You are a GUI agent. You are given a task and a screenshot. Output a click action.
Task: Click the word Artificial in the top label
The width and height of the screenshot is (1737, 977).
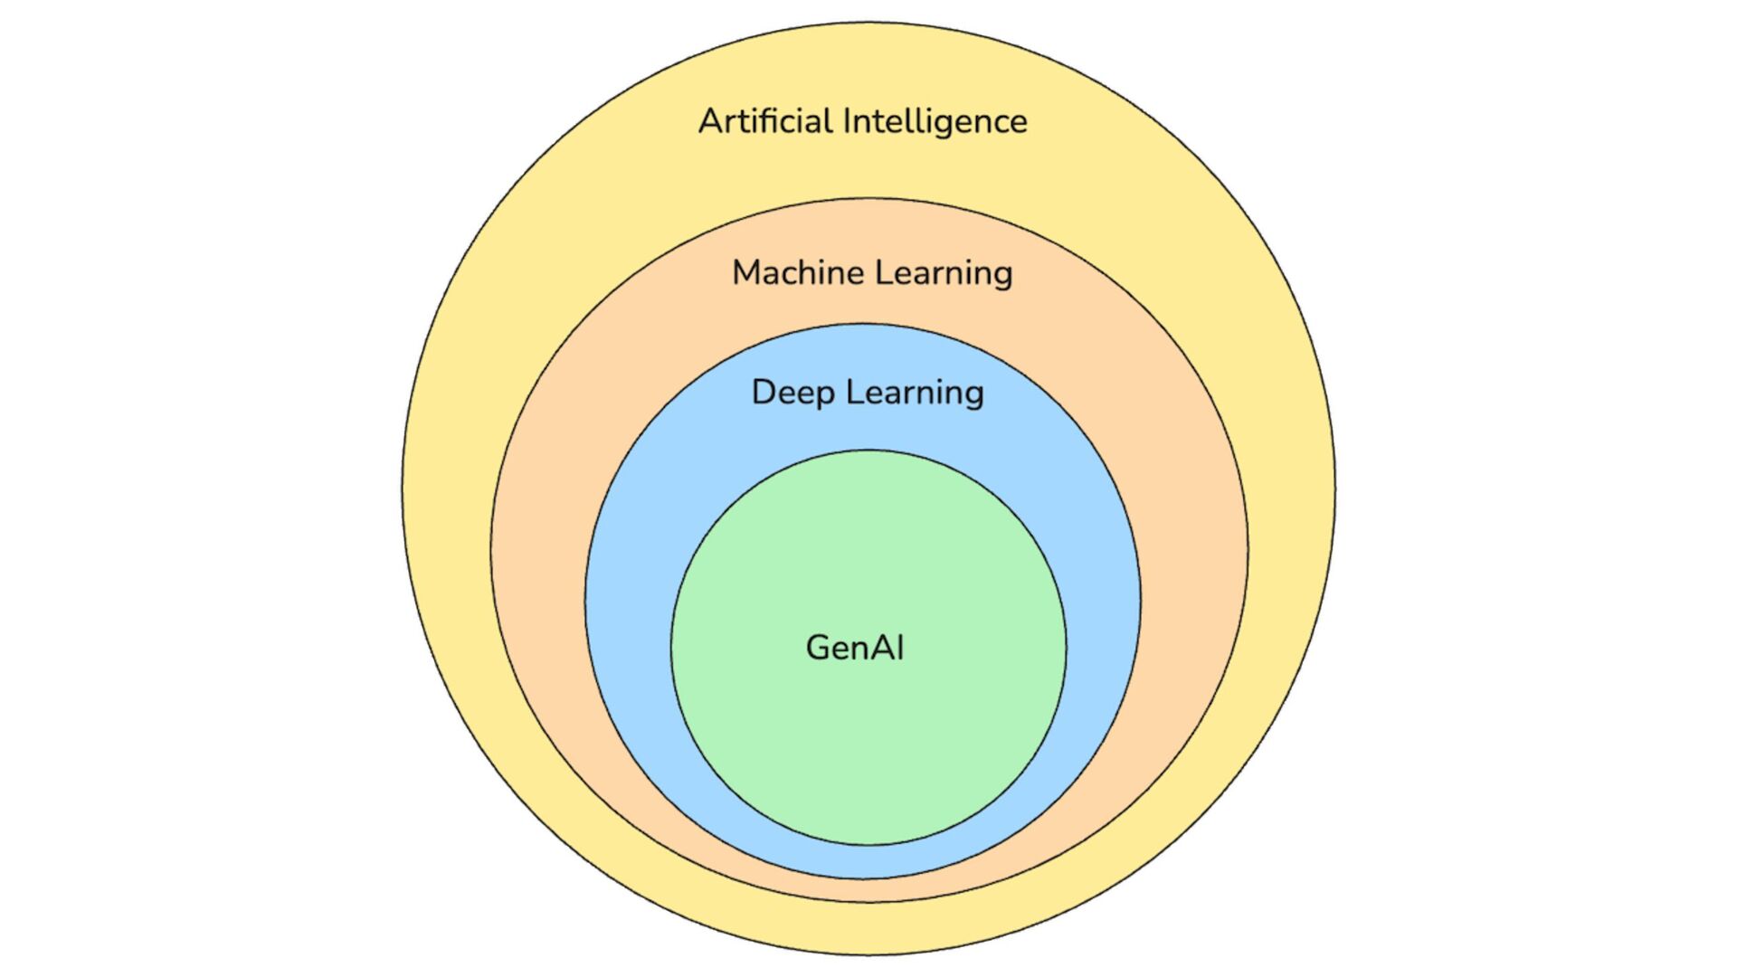[x=765, y=121]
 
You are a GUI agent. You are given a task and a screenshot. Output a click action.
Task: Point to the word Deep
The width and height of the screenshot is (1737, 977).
[x=793, y=393]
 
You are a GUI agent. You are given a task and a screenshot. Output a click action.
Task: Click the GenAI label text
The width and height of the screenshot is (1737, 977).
[x=855, y=648]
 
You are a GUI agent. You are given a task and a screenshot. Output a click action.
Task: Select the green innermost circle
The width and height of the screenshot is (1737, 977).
[x=868, y=742]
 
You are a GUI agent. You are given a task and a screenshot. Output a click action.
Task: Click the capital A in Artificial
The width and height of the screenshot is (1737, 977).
[x=711, y=121]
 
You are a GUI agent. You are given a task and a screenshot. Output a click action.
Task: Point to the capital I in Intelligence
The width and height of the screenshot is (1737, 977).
[x=847, y=121]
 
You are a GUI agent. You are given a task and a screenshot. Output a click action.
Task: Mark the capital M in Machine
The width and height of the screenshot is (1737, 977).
[x=747, y=272]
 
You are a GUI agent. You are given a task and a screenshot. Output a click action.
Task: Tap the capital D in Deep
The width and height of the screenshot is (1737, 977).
[x=764, y=392]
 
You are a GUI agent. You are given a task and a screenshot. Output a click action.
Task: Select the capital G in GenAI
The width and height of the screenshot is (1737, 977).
[x=819, y=648]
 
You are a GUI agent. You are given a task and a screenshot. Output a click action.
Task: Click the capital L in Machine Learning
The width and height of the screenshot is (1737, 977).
[x=853, y=272]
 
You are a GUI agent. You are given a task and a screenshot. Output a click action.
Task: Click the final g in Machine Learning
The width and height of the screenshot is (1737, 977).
[x=1001, y=276]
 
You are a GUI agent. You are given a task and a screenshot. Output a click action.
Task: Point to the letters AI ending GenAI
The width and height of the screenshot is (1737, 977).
[x=887, y=648]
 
